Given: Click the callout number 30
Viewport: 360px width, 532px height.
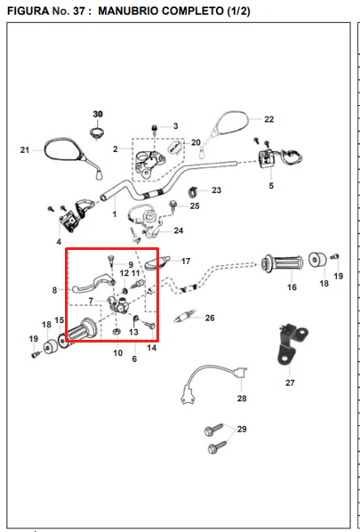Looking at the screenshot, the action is tap(98, 115).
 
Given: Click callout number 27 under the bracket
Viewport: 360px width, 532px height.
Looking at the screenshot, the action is tap(290, 383).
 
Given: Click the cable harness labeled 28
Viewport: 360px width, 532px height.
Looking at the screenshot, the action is tap(213, 384).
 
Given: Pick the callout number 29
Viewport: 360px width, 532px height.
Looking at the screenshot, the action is tap(242, 429).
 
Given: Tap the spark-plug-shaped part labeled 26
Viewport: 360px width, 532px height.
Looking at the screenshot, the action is tap(185, 316).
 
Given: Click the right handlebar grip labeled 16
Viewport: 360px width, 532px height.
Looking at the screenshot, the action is tap(282, 263).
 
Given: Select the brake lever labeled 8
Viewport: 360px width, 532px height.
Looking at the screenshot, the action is tap(93, 284).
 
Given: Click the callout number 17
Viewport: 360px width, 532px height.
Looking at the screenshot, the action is tap(186, 262).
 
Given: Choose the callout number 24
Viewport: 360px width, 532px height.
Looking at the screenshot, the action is tap(179, 230).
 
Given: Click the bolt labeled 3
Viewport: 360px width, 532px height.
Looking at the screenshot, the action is tap(155, 130).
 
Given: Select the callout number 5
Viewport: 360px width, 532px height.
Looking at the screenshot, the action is tap(271, 186).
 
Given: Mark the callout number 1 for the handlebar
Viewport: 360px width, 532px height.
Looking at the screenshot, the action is tap(115, 214).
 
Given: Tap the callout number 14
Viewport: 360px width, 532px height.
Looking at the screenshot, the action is tap(152, 348).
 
